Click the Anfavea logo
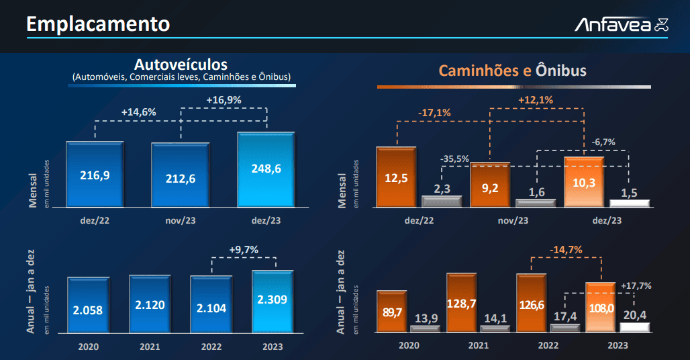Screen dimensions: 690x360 point(622,25)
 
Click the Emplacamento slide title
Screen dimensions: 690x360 point(98,24)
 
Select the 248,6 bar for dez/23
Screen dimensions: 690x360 point(266,169)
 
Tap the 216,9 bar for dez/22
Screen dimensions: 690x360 point(95,174)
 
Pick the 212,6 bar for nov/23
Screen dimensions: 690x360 point(181,175)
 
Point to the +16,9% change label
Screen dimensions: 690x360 point(224,100)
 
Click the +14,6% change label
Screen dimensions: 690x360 point(139,112)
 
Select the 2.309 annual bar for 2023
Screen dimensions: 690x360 point(273,302)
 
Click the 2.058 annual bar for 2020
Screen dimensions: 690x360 point(88,305)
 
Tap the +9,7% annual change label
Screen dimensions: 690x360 point(244,250)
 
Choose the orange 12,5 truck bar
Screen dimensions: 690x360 point(396,177)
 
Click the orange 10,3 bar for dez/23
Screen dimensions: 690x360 point(584,182)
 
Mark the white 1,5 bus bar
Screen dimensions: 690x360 point(630,204)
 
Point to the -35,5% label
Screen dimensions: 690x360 point(454,159)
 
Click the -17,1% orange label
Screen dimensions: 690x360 point(434,113)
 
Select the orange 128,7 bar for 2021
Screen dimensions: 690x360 point(461,303)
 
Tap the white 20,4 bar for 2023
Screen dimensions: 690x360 point(634,328)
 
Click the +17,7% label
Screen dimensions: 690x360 point(636,285)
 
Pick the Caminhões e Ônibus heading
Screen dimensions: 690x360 point(513,71)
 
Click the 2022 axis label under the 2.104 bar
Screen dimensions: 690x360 point(211,347)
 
